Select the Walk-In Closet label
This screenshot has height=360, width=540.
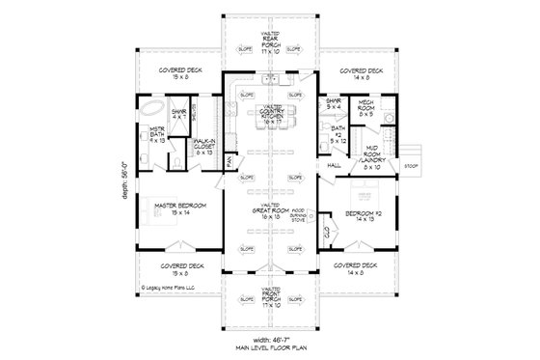point(203,145)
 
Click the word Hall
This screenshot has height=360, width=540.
point(335,165)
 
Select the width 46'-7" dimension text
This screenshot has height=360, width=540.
point(270,340)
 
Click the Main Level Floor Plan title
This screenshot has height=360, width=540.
point(270,348)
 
